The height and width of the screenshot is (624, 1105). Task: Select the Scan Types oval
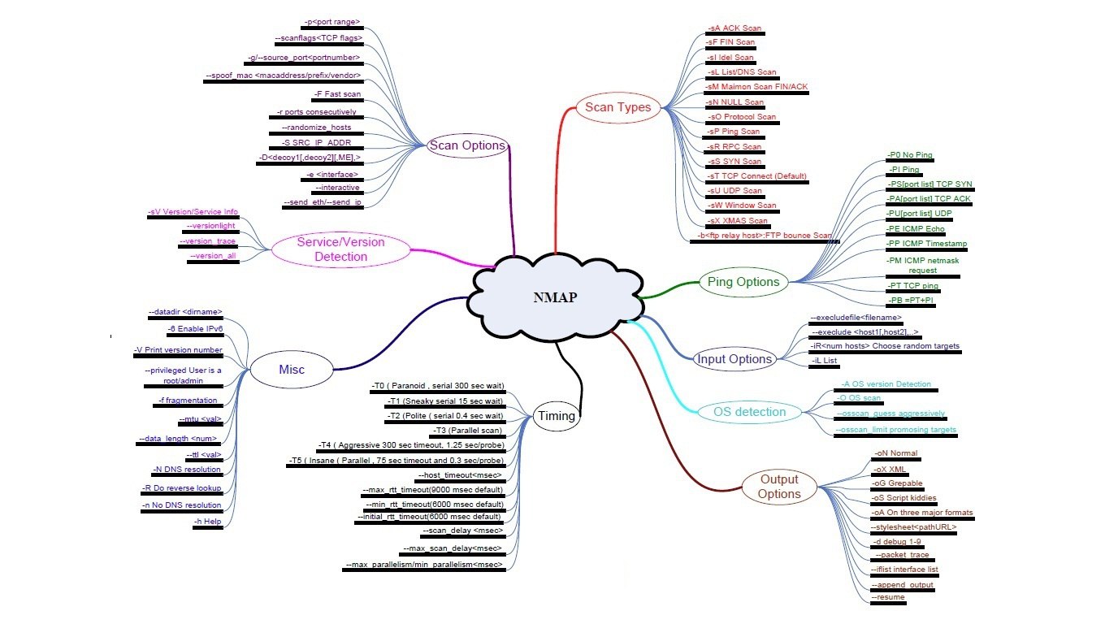[618, 107]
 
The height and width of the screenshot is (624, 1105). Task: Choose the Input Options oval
[734, 358]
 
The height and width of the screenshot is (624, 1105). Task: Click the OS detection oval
[749, 412]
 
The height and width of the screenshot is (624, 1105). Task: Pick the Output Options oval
[779, 486]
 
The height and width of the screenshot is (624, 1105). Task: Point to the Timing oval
[556, 416]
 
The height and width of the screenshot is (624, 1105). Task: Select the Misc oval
[292, 370]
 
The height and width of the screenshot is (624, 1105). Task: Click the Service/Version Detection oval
[340, 249]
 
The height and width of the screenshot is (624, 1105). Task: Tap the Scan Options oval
[467, 145]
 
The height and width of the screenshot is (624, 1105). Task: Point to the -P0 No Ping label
[910, 154]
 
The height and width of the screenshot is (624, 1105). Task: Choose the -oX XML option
[890, 470]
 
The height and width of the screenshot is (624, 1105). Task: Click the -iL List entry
[825, 360]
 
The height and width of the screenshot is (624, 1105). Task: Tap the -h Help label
[207, 521]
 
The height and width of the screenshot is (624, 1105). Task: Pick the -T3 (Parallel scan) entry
[469, 430]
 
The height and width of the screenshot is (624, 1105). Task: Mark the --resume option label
[887, 597]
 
